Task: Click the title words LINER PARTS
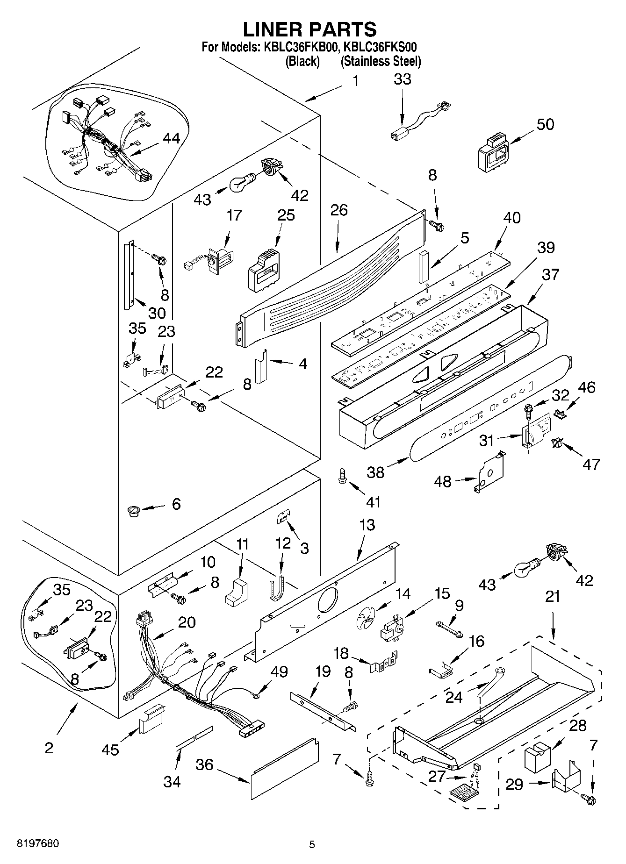pos(309,29)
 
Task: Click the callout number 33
pos(403,79)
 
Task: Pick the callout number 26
pos(339,210)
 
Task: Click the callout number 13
pos(367,525)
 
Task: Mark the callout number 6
pos(176,504)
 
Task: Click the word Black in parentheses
pos(302,61)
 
